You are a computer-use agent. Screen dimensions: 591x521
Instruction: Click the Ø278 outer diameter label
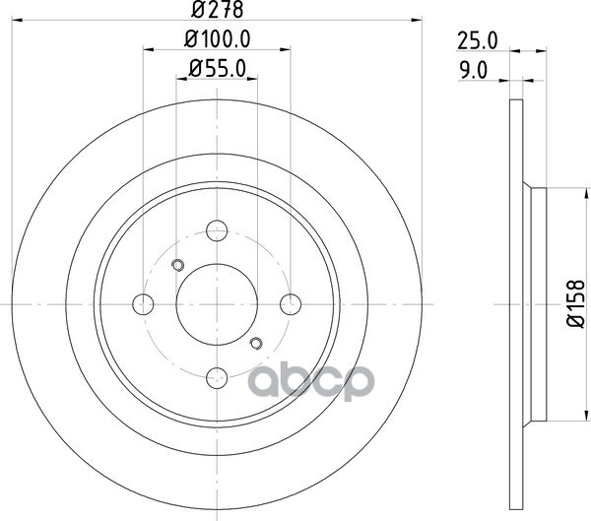(x=217, y=10)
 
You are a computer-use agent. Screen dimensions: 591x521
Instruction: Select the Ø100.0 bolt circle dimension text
(x=218, y=38)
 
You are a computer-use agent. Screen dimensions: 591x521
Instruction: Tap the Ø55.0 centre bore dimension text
(x=218, y=69)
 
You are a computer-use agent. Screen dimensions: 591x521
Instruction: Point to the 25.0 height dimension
(x=478, y=41)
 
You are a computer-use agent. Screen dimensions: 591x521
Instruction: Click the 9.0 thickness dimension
(x=474, y=71)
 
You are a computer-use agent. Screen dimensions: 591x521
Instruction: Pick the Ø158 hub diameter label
(x=575, y=304)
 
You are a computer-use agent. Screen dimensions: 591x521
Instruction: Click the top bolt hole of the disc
(x=217, y=230)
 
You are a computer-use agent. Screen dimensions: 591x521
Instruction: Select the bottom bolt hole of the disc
(x=217, y=377)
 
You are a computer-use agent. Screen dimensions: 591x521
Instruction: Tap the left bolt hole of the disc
(x=143, y=304)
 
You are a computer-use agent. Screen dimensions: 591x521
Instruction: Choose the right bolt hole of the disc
(x=291, y=304)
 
